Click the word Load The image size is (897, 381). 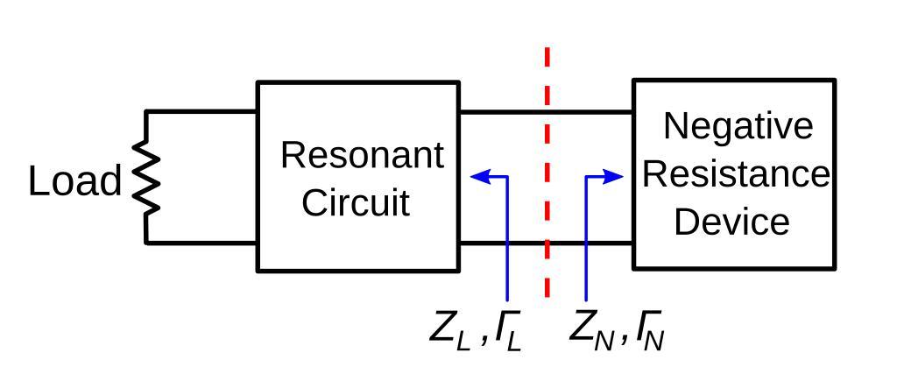coord(74,182)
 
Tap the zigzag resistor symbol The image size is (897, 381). coord(147,179)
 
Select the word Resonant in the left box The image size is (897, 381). coord(361,156)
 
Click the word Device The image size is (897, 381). coord(731,222)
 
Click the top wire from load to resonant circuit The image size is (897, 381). coord(201,111)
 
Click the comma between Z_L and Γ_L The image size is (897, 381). coord(484,341)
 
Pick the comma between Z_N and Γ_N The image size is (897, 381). coord(625,341)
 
